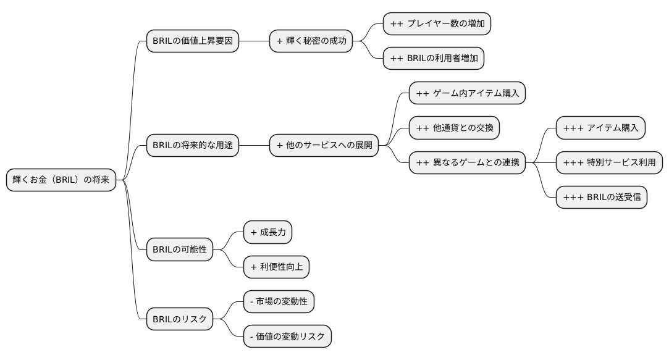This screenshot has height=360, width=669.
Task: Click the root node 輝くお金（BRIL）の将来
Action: click(61, 180)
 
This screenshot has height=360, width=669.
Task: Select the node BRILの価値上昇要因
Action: click(192, 41)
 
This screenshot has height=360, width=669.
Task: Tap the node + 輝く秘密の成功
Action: click(314, 41)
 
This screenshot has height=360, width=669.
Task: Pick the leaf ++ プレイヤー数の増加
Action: click(437, 23)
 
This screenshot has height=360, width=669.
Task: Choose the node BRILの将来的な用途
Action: click(192, 146)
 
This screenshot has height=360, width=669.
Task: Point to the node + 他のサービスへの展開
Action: click(324, 146)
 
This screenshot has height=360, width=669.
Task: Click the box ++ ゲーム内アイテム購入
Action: click(467, 93)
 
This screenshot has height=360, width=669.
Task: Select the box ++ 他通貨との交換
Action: click(454, 128)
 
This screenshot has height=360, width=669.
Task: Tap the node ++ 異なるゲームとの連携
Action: click(467, 163)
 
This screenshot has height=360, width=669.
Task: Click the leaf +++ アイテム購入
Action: click(600, 128)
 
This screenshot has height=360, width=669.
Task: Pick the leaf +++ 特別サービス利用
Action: click(609, 163)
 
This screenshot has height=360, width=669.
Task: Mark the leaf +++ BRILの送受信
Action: click(601, 198)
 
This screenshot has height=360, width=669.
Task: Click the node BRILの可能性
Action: click(179, 250)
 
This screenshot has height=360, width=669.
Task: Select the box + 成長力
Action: click(267, 232)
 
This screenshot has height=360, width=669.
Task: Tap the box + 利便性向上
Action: click(276, 267)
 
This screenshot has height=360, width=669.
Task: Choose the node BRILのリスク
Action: click(179, 319)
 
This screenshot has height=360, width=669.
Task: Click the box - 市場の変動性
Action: click(279, 302)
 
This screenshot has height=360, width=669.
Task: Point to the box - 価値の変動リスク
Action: click(287, 337)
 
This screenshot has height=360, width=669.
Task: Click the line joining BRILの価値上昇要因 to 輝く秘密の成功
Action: click(254, 41)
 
